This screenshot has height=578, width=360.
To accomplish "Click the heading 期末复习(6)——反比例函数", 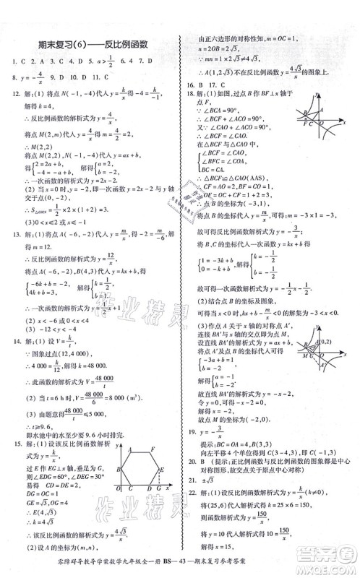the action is (92, 44).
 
